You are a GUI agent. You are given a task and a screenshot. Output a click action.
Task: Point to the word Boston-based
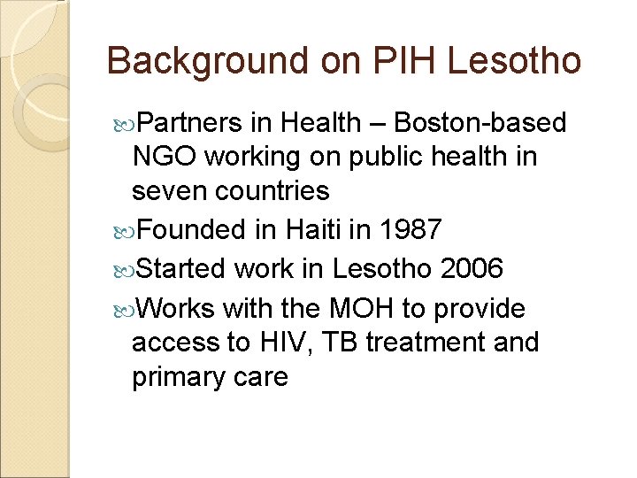pyautogui.click(x=479, y=123)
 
